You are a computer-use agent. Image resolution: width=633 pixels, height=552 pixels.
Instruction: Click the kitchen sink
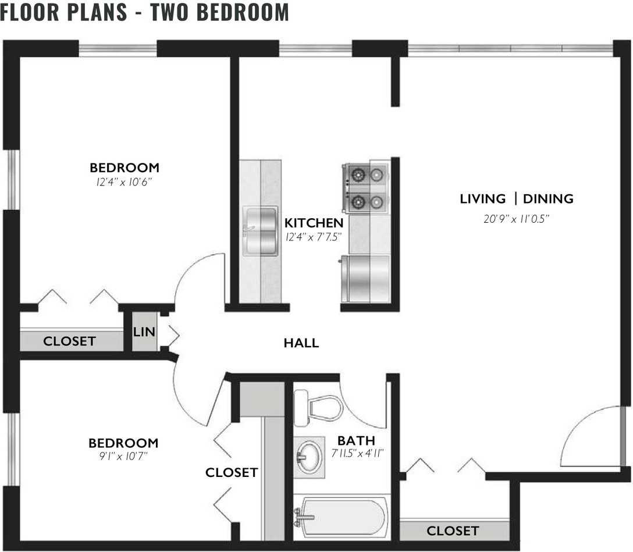261,231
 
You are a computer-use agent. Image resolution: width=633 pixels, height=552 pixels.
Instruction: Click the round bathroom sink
310,457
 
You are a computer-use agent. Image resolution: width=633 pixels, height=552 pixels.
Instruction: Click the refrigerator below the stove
365,279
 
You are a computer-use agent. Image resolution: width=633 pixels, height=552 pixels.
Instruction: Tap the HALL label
301,343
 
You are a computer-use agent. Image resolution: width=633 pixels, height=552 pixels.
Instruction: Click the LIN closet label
144,332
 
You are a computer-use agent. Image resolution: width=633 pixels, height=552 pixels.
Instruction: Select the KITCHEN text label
314,223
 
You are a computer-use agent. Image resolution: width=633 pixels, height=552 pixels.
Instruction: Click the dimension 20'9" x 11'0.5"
517,219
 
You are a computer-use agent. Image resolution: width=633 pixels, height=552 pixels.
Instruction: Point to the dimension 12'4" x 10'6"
124,182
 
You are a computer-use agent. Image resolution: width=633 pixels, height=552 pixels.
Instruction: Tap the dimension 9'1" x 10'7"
123,457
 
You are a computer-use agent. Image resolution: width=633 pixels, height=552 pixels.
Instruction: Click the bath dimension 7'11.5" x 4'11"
357,454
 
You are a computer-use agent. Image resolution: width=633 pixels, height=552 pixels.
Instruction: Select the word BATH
356,441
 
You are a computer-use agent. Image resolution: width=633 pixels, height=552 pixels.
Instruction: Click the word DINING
548,198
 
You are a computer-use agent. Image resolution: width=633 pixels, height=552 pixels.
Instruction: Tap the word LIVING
483,198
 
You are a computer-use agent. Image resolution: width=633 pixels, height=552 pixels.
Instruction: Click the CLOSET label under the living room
453,531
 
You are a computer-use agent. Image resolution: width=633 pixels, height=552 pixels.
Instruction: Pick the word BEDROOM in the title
243,12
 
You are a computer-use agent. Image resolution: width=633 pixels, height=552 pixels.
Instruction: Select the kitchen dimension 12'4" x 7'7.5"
314,237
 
